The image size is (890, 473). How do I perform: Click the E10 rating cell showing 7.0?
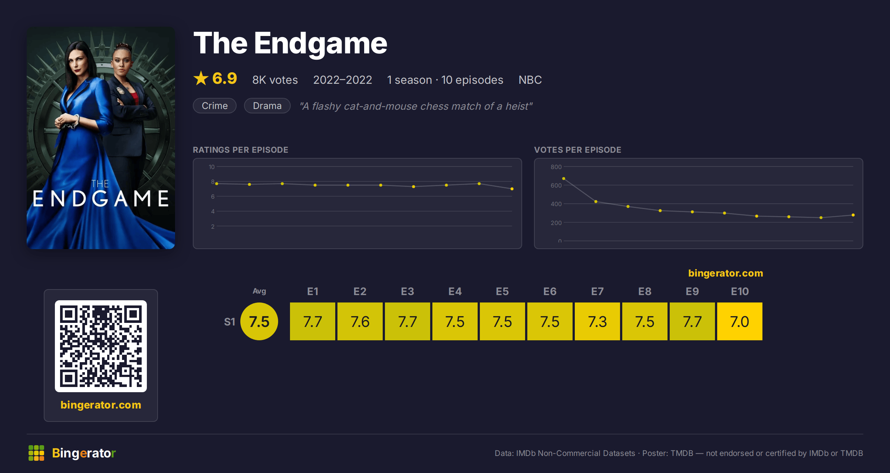point(740,321)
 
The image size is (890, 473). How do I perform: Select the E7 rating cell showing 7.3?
point(597,321)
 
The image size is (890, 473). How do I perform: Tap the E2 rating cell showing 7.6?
point(360,321)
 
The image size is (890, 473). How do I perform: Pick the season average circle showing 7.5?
point(259,321)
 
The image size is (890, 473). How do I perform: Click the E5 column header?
point(502,291)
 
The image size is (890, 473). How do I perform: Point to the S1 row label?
point(230,322)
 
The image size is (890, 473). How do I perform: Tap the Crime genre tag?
point(215,106)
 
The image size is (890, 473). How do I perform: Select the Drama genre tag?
point(267,106)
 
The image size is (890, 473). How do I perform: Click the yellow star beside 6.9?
point(201,78)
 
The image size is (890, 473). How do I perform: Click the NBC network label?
point(530,80)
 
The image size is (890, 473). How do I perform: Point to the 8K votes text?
point(275,80)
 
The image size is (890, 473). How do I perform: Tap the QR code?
point(101,346)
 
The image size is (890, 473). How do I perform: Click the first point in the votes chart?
point(564,179)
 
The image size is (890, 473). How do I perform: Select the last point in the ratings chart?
point(512,189)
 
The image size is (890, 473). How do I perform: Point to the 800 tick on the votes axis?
point(556,167)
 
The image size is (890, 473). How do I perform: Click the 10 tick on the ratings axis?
point(211,167)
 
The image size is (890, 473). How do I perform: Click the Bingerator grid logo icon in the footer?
point(36,453)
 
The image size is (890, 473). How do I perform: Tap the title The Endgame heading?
point(290,43)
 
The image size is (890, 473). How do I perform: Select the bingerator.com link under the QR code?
point(101,405)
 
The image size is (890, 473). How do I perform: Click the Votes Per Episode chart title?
point(577,150)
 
